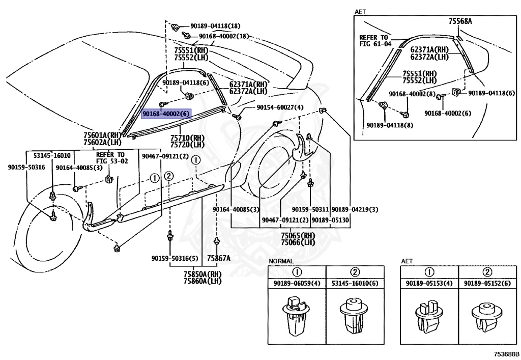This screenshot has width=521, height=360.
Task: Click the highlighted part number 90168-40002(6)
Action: pos(166,114)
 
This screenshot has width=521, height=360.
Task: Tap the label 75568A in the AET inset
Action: pos(460,21)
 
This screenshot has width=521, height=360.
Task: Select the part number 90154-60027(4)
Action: pos(280,107)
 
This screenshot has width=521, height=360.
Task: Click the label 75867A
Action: pos(218,258)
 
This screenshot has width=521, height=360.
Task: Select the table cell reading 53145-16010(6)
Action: pos(355,284)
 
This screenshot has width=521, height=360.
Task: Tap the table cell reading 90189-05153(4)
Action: pos(429,284)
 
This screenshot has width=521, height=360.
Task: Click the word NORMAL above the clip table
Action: pos(281,261)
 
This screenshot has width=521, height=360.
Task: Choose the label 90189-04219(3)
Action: pos(355,209)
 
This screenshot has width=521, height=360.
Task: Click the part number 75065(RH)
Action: pos(298,235)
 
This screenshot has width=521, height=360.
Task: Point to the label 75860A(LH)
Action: pos(202,281)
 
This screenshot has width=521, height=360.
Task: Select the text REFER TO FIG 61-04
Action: pos(375,41)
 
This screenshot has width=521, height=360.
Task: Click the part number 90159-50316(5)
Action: pos(175,258)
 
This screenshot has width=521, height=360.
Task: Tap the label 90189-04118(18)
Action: pos(215,26)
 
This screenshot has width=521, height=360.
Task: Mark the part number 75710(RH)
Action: pos(187,137)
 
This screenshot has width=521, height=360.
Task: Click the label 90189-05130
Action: pos(330,220)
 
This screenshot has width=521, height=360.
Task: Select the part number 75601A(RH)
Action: pos(102,135)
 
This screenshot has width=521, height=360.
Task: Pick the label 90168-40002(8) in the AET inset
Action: pos(412,94)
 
